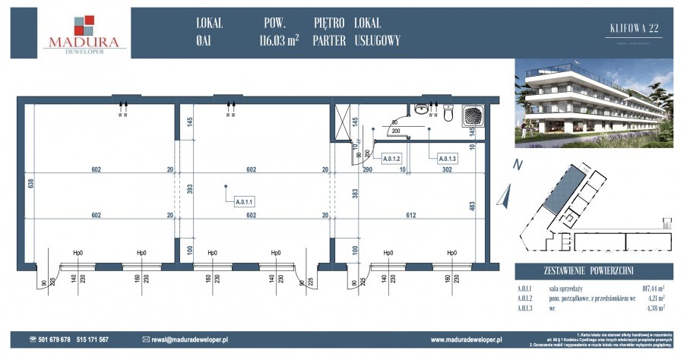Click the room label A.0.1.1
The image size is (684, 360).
pyautogui.click(x=244, y=202)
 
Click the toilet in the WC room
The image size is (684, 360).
pyautogui.click(x=448, y=115)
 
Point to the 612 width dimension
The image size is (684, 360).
pyautogui.click(x=411, y=215)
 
